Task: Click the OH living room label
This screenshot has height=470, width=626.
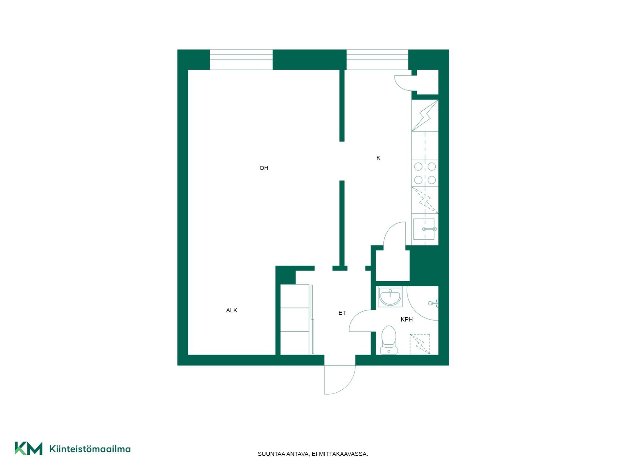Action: click(264, 168)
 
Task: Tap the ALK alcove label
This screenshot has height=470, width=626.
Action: click(231, 310)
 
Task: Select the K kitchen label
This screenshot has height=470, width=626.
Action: click(378, 158)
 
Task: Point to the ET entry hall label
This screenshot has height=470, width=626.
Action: click(342, 313)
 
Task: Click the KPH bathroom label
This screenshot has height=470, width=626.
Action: click(407, 320)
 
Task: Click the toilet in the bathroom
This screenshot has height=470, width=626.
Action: click(389, 340)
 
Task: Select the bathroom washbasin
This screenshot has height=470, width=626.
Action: click(390, 297)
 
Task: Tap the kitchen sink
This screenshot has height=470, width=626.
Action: click(424, 229)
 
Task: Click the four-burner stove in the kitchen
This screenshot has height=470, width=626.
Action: click(425, 173)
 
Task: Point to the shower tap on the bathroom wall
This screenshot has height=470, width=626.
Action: click(434, 303)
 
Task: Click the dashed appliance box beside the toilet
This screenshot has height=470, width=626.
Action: click(420, 344)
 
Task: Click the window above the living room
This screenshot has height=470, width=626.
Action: click(241, 60)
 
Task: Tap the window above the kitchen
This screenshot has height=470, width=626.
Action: click(377, 60)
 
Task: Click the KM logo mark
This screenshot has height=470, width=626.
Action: click(29, 448)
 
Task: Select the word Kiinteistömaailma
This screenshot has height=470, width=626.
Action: click(90, 449)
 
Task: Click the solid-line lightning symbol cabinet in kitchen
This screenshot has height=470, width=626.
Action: click(425, 116)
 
